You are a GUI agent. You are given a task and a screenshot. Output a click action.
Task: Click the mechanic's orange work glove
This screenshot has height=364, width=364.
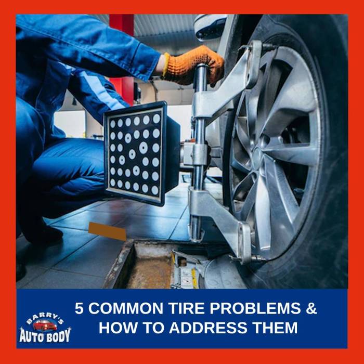(x=194, y=66)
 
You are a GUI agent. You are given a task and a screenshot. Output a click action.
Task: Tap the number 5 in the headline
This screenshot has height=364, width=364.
(x=79, y=308)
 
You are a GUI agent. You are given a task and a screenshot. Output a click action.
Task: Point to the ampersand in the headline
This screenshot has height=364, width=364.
(x=310, y=308)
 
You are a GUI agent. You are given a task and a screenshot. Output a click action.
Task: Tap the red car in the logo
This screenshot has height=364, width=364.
(x=45, y=326)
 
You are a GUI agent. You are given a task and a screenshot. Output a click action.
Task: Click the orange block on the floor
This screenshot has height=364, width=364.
(x=107, y=231)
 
